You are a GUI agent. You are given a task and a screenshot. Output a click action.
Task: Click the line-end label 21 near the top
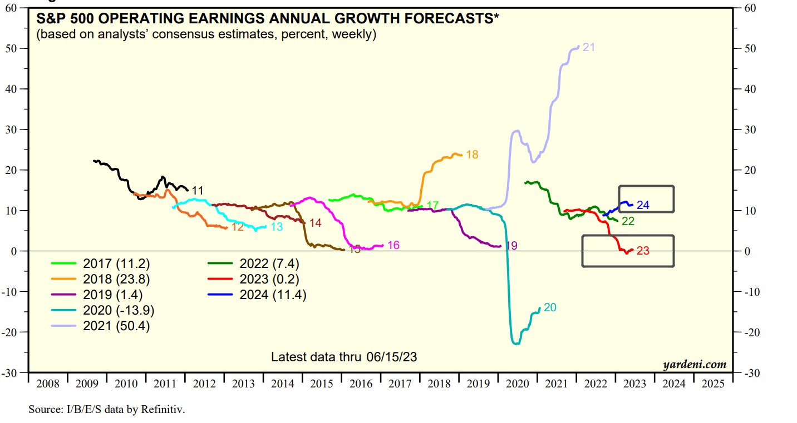589,47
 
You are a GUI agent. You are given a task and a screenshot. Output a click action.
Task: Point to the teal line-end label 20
550,307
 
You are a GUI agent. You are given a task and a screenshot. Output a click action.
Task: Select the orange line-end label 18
472,155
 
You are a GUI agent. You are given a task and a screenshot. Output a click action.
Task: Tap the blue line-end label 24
643,205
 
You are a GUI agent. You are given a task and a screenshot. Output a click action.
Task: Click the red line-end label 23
643,251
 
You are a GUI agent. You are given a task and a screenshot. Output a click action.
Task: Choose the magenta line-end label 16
393,245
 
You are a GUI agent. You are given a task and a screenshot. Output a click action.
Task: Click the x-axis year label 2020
518,384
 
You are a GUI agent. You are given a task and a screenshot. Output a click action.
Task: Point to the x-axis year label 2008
48,384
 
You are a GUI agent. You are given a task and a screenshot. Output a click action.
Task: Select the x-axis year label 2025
714,384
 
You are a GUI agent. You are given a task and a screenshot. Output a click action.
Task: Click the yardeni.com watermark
695,365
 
